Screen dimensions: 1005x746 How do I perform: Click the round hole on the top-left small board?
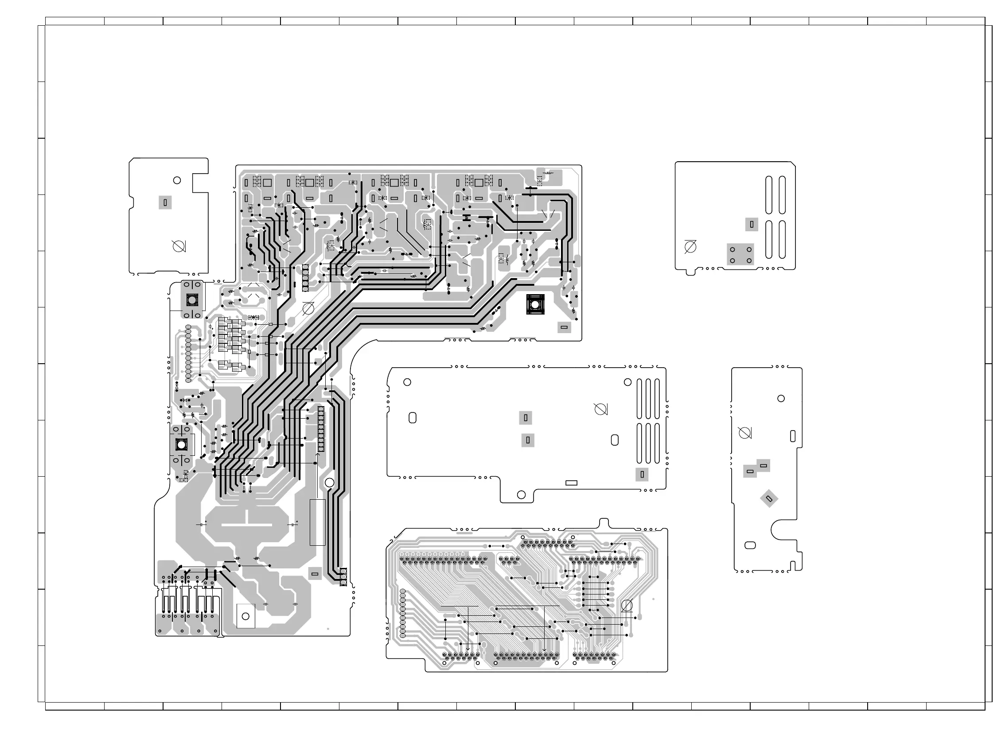177,180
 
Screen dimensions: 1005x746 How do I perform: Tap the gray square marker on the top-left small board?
165,203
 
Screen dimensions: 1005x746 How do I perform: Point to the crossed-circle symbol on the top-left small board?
179,247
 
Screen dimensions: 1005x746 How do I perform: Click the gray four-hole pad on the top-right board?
740,255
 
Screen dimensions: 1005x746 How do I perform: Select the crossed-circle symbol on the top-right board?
690,247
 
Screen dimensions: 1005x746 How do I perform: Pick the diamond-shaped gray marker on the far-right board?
769,498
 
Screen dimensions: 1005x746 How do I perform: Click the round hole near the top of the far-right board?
781,398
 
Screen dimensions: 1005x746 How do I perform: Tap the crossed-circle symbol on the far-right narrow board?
744,433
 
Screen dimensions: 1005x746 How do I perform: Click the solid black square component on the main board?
535,304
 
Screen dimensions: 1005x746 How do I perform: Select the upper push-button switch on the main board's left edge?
191,299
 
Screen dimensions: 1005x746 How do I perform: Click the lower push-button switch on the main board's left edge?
181,444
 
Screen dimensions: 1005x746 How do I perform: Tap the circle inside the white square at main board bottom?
246,616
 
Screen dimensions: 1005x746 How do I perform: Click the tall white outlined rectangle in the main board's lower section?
317,522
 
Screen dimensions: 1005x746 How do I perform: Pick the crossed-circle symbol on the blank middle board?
600,409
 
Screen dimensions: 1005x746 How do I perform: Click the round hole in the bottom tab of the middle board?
521,494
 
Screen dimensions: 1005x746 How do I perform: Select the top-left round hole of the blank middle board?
407,382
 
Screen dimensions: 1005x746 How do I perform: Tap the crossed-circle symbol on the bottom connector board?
627,606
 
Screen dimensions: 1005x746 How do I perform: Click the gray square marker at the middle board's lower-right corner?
642,474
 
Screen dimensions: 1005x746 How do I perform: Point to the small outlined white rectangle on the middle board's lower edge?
571,483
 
